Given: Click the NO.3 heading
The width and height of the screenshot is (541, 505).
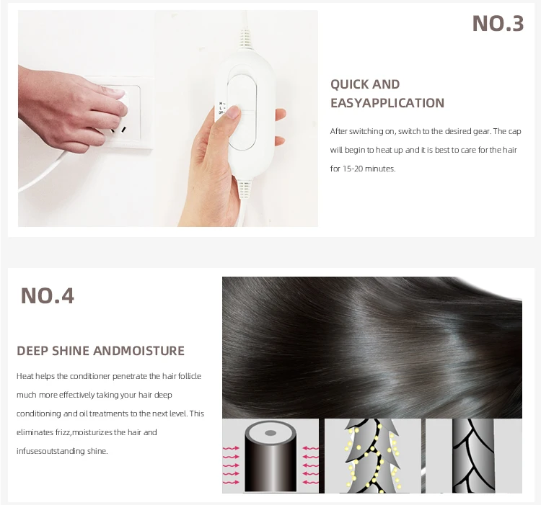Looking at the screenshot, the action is (498, 24).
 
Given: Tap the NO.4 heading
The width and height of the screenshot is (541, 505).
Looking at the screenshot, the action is (48, 295).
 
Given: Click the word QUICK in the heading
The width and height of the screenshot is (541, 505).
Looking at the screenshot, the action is (346, 84).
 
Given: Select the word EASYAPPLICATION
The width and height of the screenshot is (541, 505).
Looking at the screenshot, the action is (387, 103).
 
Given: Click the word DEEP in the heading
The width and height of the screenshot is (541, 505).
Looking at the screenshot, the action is (32, 351).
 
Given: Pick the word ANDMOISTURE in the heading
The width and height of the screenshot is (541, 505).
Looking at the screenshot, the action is (138, 351).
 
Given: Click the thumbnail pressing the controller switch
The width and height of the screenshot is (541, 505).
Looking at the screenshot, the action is (234, 111).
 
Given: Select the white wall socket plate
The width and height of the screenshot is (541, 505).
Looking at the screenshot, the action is (122, 112).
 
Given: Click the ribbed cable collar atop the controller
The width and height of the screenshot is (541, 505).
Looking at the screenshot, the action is (245, 39).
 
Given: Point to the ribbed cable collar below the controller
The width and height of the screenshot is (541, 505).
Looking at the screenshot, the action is (245, 189).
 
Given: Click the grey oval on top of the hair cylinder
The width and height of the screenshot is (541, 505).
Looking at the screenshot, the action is (270, 433).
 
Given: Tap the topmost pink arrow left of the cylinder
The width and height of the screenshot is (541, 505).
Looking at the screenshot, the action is (231, 448).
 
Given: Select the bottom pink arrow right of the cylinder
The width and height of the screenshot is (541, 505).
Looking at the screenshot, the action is (310, 482).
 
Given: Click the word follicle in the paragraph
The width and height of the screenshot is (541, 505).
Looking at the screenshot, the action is (190, 376).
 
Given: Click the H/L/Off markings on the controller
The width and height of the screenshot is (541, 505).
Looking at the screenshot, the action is (221, 108).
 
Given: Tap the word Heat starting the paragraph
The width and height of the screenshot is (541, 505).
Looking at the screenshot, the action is (25, 376).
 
